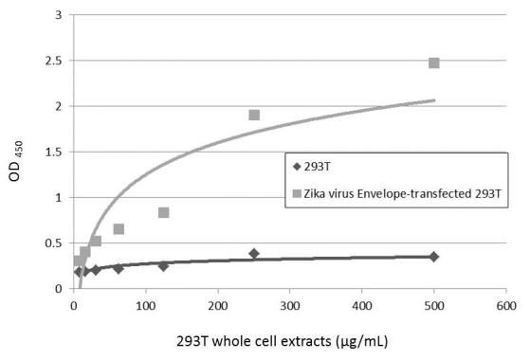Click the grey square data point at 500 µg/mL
tap(433, 63)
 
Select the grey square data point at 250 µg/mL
tap(254, 116)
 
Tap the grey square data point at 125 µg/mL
tap(163, 212)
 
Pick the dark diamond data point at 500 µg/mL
tap(433, 257)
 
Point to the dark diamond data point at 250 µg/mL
tap(254, 253)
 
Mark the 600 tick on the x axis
tap(505, 306)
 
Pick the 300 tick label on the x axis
tap(289, 306)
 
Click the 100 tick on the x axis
tap(145, 306)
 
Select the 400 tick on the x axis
tap(361, 306)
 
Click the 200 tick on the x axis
tap(217, 306)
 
